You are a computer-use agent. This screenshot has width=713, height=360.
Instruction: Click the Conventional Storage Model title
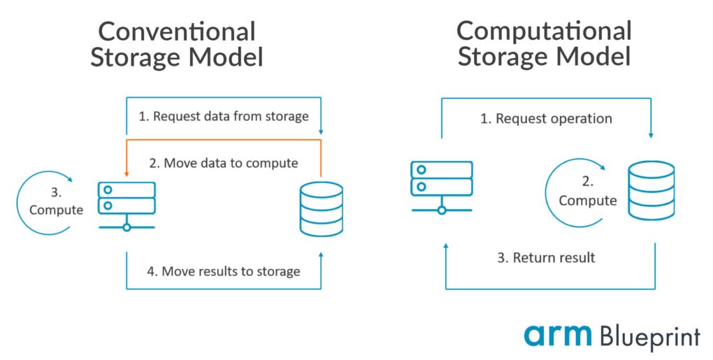pyautogui.click(x=176, y=44)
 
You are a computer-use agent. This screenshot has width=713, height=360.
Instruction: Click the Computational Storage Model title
pyautogui.click(x=544, y=43)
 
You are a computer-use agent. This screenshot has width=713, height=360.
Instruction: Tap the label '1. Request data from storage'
pyautogui.click(x=223, y=116)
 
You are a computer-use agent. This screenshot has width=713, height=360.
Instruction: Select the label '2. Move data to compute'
pyautogui.click(x=224, y=163)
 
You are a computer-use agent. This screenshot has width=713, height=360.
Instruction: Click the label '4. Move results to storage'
pyautogui.click(x=224, y=271)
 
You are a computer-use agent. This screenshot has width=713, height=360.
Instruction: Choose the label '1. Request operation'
pyautogui.click(x=545, y=118)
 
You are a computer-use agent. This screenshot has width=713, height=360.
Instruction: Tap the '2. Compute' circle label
pyautogui.click(x=587, y=192)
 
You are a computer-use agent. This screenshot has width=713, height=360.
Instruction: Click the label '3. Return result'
pyautogui.click(x=545, y=257)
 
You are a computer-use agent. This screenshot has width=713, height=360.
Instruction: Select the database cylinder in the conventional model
pyautogui.click(x=321, y=208)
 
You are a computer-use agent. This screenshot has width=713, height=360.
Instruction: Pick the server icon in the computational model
pyautogui.click(x=441, y=186)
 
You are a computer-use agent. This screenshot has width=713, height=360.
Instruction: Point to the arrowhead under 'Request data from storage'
pyautogui.click(x=321, y=131)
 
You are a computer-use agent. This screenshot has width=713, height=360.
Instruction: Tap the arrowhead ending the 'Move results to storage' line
pyautogui.click(x=321, y=257)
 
